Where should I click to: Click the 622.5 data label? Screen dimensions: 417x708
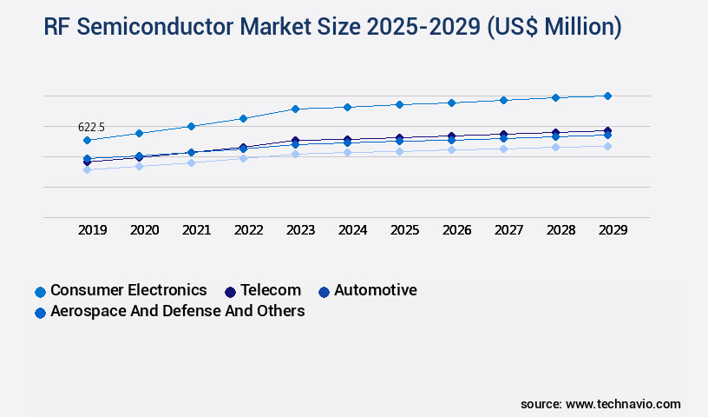[x=91, y=128]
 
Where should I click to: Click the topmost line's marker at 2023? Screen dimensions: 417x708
[x=295, y=109]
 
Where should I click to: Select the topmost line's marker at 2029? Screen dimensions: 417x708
[x=607, y=96]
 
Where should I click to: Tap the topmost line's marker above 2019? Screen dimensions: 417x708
[x=87, y=140]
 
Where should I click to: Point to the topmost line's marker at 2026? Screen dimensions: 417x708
[x=451, y=103]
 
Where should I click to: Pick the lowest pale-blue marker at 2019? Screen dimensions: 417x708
[x=87, y=169]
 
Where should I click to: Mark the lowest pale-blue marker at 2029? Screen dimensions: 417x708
[x=607, y=146]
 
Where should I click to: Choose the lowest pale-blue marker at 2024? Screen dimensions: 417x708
[x=347, y=152]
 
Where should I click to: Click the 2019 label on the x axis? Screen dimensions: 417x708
[x=92, y=230]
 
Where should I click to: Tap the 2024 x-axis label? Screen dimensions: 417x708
[x=352, y=230]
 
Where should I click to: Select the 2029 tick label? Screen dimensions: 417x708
[x=613, y=230]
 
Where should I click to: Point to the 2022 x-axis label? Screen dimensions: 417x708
[x=248, y=230]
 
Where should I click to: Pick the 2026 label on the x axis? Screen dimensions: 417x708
[x=456, y=230]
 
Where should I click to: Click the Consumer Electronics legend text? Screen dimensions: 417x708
[x=128, y=290]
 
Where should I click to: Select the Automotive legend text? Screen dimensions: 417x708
[x=375, y=290]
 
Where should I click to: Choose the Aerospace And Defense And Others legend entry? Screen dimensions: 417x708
[x=177, y=311]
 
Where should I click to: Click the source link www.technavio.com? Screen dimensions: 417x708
[x=623, y=404]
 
